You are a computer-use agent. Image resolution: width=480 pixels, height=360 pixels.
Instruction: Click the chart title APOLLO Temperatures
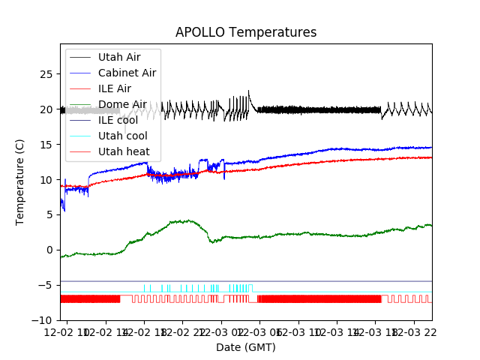tap(246, 33)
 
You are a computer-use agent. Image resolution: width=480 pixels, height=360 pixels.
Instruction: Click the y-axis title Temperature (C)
tap(20, 181)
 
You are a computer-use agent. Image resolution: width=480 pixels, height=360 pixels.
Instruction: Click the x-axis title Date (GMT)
tap(246, 347)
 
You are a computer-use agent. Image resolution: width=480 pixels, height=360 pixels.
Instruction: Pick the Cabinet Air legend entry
tap(127, 73)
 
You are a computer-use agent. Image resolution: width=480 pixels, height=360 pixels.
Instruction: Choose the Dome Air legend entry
tap(122, 104)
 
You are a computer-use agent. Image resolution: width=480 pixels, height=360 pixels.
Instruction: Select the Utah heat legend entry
tap(124, 151)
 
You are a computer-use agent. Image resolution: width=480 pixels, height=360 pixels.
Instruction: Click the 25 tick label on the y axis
tap(46, 74)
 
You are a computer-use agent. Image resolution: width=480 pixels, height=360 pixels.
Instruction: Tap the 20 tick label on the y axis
tap(46, 109)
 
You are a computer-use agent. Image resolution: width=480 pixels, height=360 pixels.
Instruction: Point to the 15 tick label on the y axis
tap(46, 145)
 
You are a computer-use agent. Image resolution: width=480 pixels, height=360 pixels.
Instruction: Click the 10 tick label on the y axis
tap(46, 180)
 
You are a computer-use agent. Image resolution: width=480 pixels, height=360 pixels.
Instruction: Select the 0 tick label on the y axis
tap(49, 250)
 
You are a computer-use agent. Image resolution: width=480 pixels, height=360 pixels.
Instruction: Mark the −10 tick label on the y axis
tap(43, 320)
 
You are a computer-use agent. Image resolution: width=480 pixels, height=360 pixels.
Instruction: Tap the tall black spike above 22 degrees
tap(248, 91)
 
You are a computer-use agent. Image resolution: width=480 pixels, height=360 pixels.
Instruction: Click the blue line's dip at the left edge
tap(64, 210)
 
